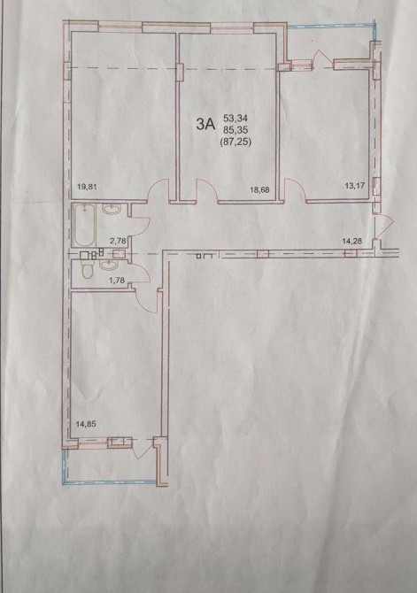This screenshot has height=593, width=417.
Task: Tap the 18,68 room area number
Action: pos(259,190)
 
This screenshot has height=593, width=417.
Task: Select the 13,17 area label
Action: pos(355,186)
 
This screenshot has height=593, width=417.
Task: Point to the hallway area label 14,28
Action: pos(352,242)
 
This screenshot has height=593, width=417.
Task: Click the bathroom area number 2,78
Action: pos(117,239)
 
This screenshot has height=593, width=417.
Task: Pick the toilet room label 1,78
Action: pos(117,281)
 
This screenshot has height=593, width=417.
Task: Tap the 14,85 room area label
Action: pos(86,424)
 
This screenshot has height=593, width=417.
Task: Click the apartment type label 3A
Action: pos(205,124)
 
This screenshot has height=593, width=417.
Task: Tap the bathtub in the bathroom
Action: pos(84,225)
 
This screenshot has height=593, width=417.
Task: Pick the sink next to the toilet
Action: pos(109,266)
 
